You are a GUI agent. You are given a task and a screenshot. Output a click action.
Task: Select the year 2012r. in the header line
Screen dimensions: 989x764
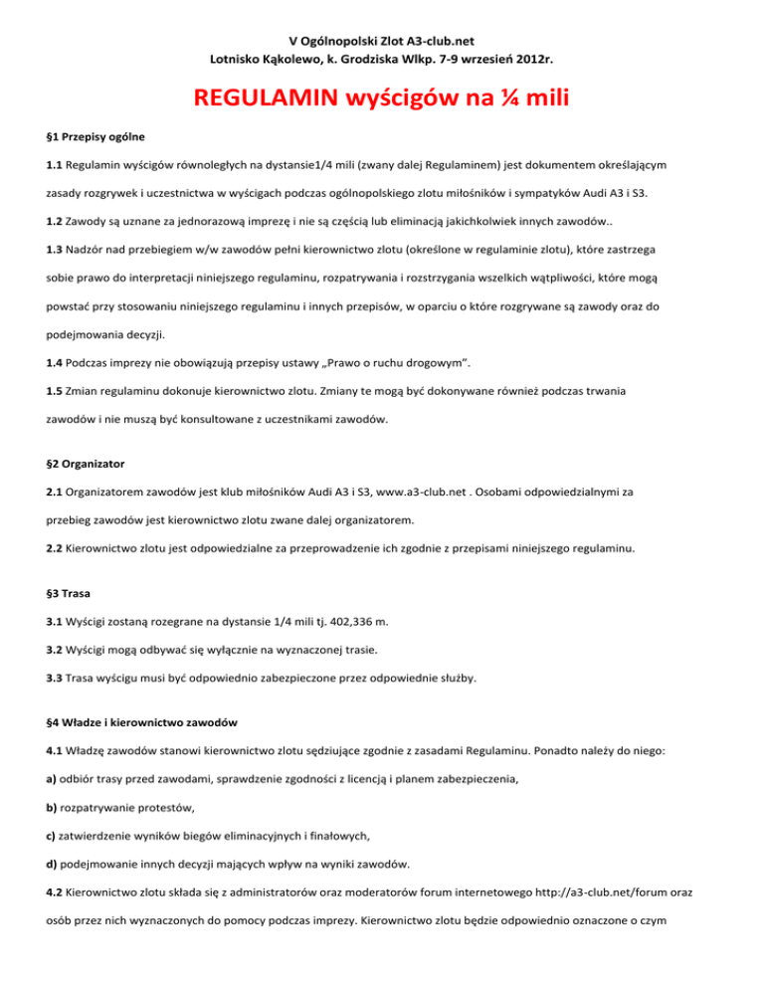(526, 59)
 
